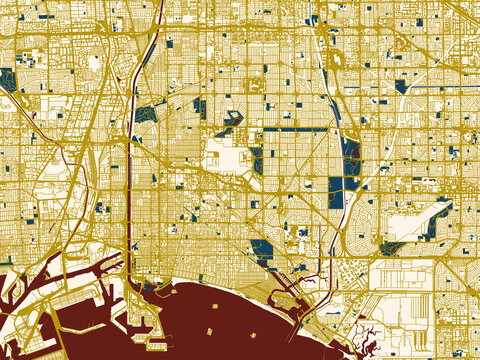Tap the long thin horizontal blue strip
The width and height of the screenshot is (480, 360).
295,129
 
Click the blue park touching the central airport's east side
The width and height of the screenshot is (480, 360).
256,159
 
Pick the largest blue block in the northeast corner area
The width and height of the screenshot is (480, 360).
401,86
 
